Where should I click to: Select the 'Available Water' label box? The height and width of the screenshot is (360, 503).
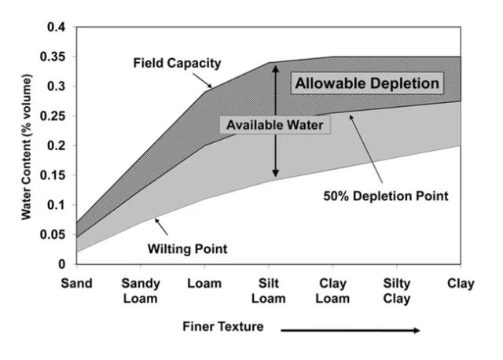tap(270, 125)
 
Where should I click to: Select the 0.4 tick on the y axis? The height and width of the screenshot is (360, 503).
tap(56, 28)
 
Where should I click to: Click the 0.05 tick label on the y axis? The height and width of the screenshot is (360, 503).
tap(53, 234)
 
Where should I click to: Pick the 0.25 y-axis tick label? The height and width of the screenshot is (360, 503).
tap(53, 116)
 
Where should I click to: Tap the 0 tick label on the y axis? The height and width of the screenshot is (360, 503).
tap(62, 264)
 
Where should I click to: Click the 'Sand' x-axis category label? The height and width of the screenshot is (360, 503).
tap(76, 284)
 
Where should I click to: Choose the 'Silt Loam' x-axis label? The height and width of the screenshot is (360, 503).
tap(268, 290)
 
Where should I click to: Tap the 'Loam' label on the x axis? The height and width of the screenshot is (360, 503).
tap(204, 284)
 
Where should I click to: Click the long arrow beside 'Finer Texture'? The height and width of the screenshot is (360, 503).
tap(350, 330)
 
